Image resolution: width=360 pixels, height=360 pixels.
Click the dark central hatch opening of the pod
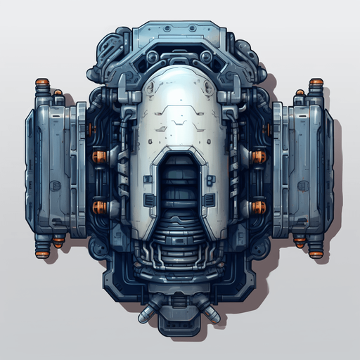[180, 190]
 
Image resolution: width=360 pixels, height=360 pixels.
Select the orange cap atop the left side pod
[42, 82]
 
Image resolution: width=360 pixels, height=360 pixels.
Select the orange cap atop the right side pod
[317, 82]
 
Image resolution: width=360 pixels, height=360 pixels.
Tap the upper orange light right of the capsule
[259, 155]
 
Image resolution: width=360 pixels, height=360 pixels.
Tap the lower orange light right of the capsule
[259, 207]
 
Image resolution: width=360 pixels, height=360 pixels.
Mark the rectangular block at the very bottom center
[180, 325]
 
